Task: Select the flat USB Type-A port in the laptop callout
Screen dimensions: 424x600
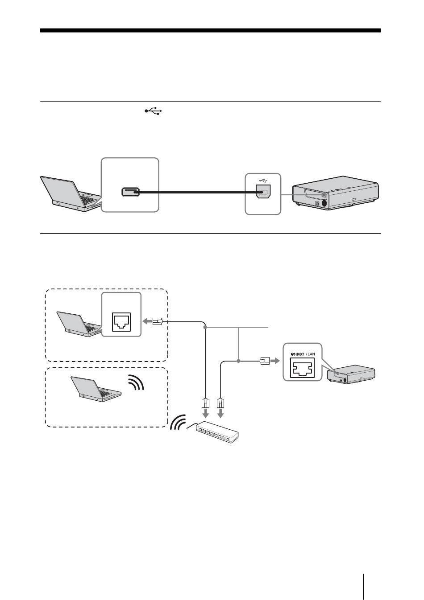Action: (x=130, y=192)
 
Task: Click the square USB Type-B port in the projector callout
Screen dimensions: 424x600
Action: (x=263, y=192)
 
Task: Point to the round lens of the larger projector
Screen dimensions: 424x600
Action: (x=324, y=203)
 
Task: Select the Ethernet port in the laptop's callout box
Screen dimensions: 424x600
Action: (x=121, y=322)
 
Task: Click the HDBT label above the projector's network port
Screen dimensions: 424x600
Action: (x=297, y=354)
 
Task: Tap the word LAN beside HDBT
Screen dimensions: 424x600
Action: (x=311, y=354)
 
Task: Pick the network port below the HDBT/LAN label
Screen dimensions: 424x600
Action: (x=302, y=369)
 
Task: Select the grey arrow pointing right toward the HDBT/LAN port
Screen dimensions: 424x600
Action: (x=274, y=362)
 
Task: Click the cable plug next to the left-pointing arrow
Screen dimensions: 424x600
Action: (x=158, y=321)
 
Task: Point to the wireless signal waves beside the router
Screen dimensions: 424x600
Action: (x=178, y=423)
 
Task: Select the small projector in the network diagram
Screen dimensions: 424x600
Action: (x=351, y=374)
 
